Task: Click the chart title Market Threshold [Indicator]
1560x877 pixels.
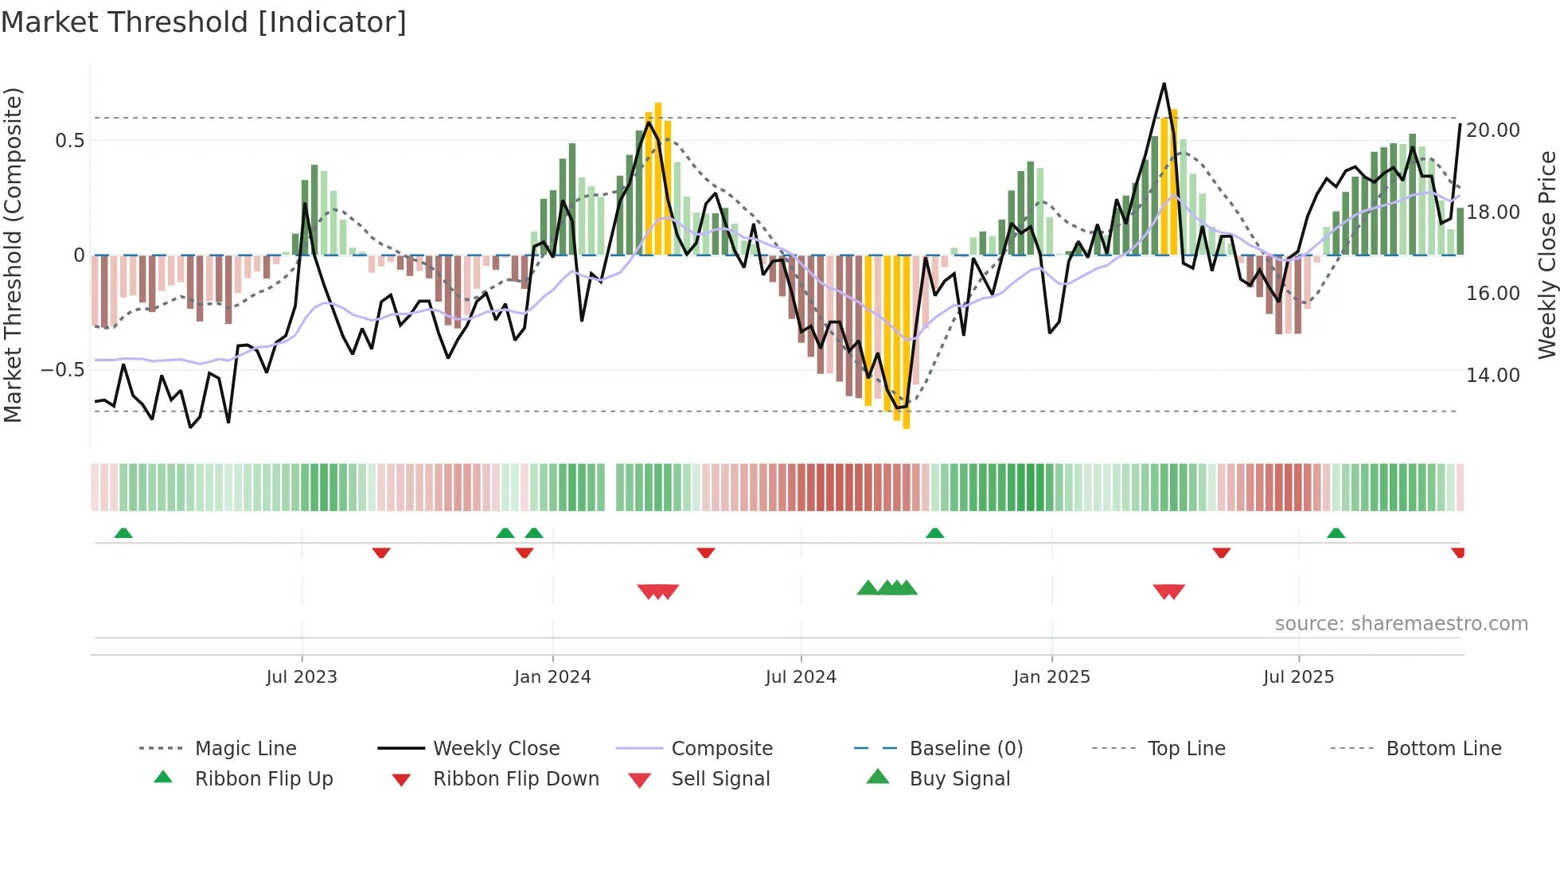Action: pyautogui.click(x=204, y=22)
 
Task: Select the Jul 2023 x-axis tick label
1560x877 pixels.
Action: pyautogui.click(x=302, y=677)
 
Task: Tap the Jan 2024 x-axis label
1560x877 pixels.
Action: pyautogui.click(x=552, y=677)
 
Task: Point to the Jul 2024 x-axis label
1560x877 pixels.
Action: pyautogui.click(x=801, y=677)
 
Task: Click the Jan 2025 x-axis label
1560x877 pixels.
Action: pyautogui.click(x=1051, y=677)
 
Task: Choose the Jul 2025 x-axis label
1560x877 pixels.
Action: pyautogui.click(x=1298, y=677)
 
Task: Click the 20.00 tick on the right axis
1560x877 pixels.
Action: pyautogui.click(x=1492, y=131)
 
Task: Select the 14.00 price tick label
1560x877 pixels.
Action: pyautogui.click(x=1492, y=376)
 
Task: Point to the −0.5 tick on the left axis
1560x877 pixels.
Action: pyautogui.click(x=62, y=370)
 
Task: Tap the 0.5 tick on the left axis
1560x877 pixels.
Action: pyautogui.click(x=69, y=141)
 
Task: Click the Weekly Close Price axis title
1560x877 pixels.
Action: pyautogui.click(x=1546, y=255)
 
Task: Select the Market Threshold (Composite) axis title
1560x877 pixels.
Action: pyautogui.click(x=13, y=255)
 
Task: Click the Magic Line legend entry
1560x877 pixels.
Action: pyautogui.click(x=245, y=749)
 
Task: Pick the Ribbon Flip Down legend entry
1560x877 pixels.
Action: pyautogui.click(x=516, y=779)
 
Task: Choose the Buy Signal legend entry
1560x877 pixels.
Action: pyautogui.click(x=959, y=779)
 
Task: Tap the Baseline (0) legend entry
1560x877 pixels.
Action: pyautogui.click(x=965, y=749)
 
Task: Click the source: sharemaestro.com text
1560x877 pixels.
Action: pyautogui.click(x=1401, y=624)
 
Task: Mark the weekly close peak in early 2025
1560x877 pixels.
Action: pyautogui.click(x=1164, y=84)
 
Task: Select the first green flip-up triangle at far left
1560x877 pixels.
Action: pyautogui.click(x=123, y=533)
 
